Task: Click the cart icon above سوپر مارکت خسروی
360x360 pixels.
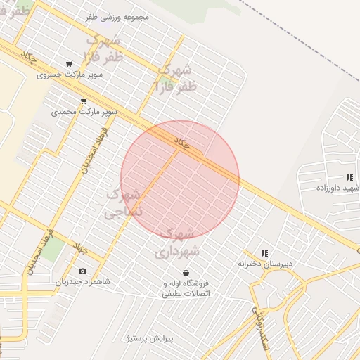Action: pyautogui.click(x=68, y=64)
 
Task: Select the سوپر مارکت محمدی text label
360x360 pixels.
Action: pyautogui.click(x=83, y=111)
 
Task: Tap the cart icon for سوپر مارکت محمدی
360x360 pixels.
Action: pyautogui.click(x=84, y=101)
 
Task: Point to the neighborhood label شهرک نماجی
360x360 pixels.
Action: pyautogui.click(x=123, y=202)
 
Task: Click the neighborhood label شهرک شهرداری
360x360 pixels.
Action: pyautogui.click(x=179, y=241)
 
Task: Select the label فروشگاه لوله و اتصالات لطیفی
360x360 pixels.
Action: pyautogui.click(x=187, y=288)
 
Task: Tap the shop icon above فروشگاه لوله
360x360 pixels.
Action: pyautogui.click(x=186, y=273)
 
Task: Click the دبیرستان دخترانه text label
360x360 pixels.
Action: pyautogui.click(x=264, y=264)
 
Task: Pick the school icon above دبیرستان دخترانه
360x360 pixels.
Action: pyautogui.click(x=264, y=253)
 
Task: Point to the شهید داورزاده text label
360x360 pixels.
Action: pyautogui.click(x=337, y=188)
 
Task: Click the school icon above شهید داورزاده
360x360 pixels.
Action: pyautogui.click(x=349, y=177)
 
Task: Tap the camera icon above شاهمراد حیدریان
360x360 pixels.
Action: pyautogui.click(x=83, y=271)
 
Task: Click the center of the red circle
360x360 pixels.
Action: pyautogui.click(x=180, y=179)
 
